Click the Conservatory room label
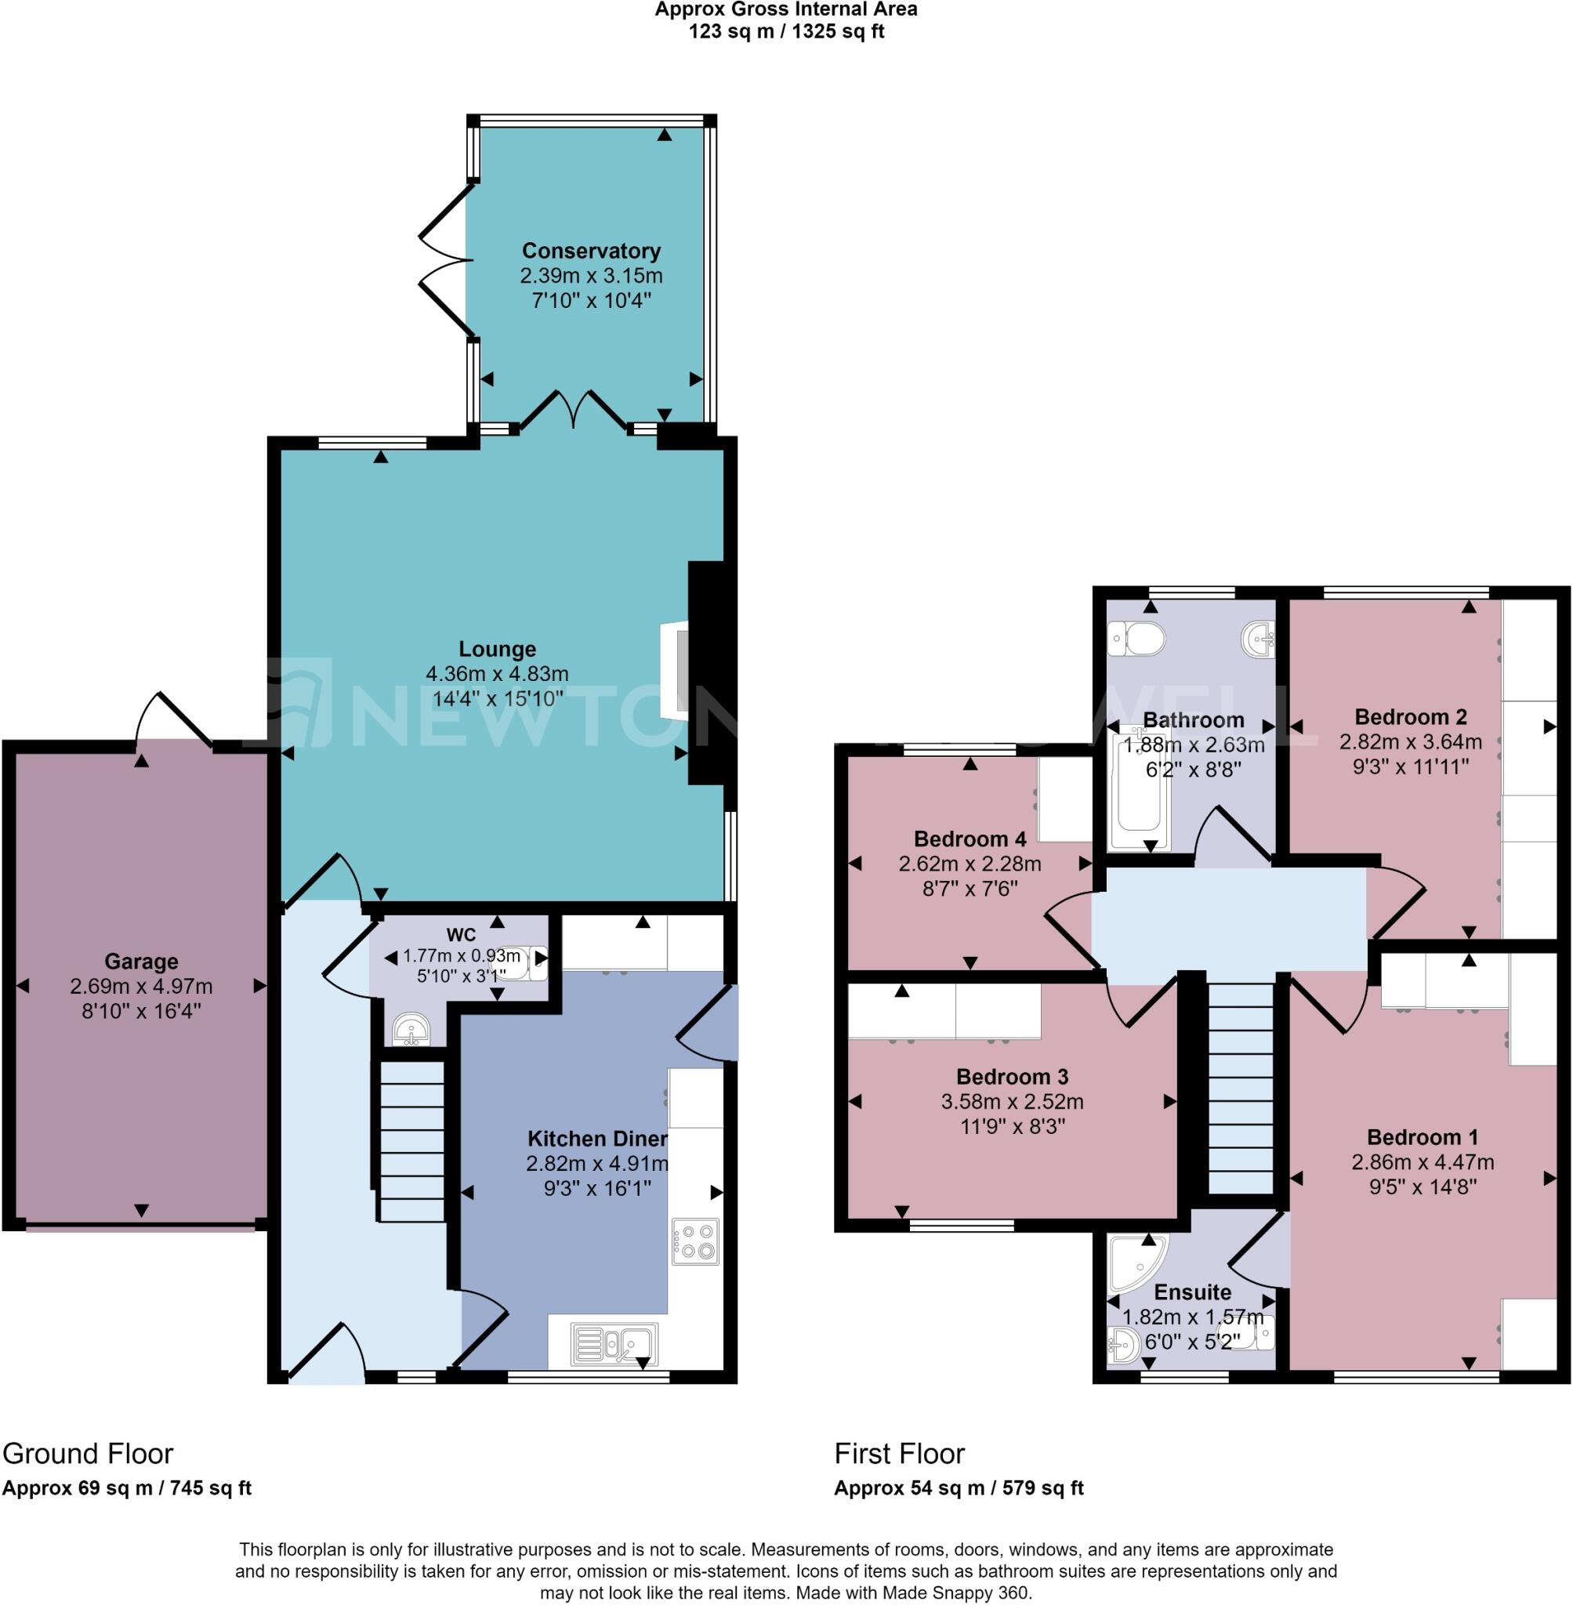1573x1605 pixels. [x=591, y=251]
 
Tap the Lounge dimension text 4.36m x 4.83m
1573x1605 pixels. [x=498, y=674]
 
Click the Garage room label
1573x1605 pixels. [x=141, y=962]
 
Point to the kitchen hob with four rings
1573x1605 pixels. [x=694, y=1241]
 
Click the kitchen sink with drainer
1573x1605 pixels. [x=614, y=1344]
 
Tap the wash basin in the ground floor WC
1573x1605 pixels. [x=411, y=1029]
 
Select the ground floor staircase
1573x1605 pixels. [x=411, y=1140]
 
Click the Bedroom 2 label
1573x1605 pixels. [x=1410, y=717]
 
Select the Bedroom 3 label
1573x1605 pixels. [x=1012, y=1077]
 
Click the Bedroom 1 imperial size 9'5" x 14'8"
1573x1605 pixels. [x=1422, y=1187]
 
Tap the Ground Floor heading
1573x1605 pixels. [x=88, y=1453]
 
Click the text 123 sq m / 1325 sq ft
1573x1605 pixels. [x=787, y=31]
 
